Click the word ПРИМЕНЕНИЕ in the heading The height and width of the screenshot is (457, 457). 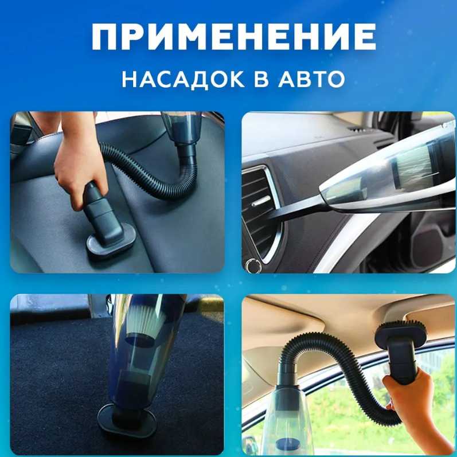point(233,37)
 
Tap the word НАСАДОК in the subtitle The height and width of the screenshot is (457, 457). point(183,79)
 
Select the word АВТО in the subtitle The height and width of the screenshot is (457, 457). point(311,79)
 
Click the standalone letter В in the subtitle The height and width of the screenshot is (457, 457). point(261,79)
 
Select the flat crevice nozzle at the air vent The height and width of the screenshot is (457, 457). point(294,209)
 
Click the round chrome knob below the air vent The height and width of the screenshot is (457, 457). point(253,265)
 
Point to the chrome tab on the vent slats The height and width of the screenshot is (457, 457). point(261,201)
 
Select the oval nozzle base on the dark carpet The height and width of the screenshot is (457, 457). point(127,420)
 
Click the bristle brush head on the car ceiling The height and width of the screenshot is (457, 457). point(401,331)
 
